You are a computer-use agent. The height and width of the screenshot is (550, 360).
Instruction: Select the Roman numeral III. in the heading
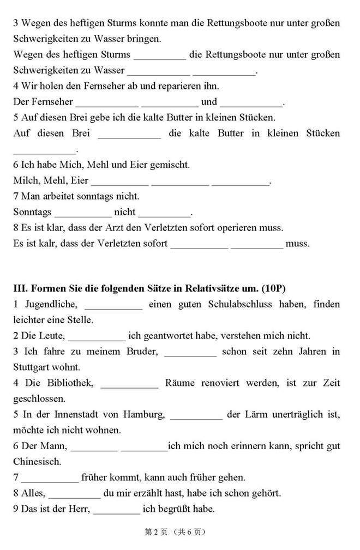[21, 287]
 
